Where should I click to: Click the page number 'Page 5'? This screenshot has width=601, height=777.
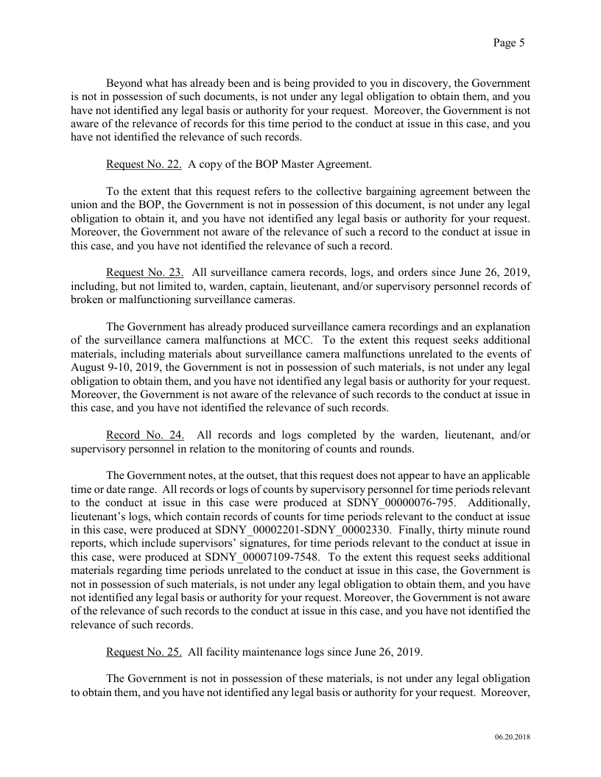508,43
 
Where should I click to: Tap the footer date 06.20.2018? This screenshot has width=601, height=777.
513,737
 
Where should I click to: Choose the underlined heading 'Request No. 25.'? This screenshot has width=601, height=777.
144,650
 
